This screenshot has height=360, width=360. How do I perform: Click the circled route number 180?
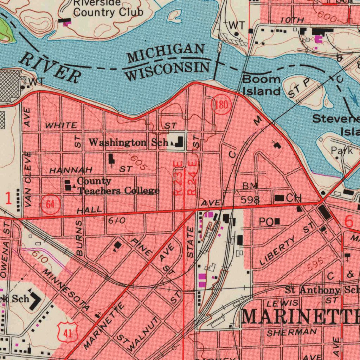(x=221, y=105)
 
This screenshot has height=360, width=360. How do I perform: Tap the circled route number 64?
(x=51, y=205)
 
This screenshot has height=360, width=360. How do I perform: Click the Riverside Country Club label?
(x=108, y=8)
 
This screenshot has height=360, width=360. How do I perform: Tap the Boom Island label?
(x=262, y=85)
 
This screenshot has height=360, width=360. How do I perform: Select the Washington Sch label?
(x=128, y=142)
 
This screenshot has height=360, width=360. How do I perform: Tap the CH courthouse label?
(x=294, y=198)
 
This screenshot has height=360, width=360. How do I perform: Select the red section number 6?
(x=348, y=221)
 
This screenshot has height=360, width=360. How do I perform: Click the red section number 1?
(x=8, y=199)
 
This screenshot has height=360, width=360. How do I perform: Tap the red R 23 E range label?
(x=179, y=178)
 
